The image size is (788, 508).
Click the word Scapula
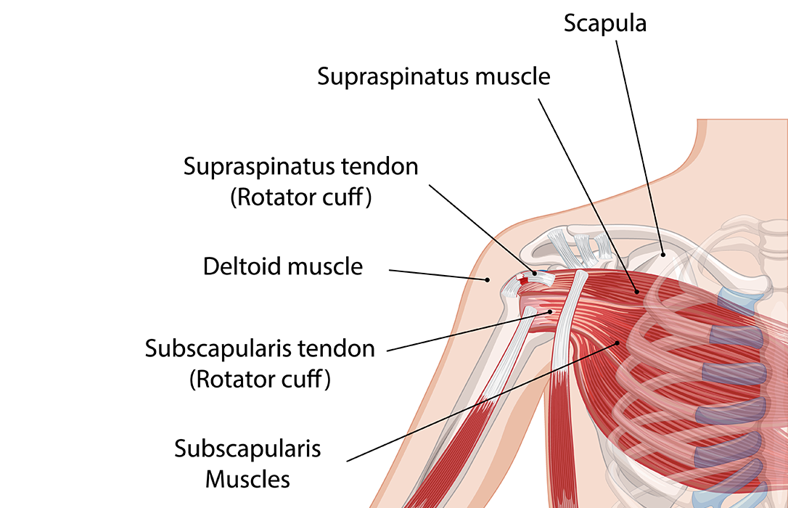click(x=605, y=24)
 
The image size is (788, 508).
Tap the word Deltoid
click(x=242, y=266)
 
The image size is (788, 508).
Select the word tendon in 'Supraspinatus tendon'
click(x=379, y=167)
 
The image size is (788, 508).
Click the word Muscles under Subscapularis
click(x=247, y=479)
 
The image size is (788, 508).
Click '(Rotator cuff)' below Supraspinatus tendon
click(x=301, y=198)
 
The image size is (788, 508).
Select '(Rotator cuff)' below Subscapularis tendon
click(x=260, y=380)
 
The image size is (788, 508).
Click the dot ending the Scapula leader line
click(x=663, y=255)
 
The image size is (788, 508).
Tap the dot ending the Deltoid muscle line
click(x=488, y=279)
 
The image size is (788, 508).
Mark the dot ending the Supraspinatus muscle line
click(x=637, y=292)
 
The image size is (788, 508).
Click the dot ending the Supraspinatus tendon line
click(x=535, y=273)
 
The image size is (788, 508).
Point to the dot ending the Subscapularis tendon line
click(x=551, y=312)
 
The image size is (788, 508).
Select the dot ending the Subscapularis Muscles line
click(x=617, y=343)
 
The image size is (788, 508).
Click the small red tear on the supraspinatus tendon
click(x=524, y=280)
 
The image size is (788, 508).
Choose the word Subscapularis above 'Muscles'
click(x=247, y=448)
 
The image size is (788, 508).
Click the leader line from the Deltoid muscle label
click(x=439, y=274)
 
